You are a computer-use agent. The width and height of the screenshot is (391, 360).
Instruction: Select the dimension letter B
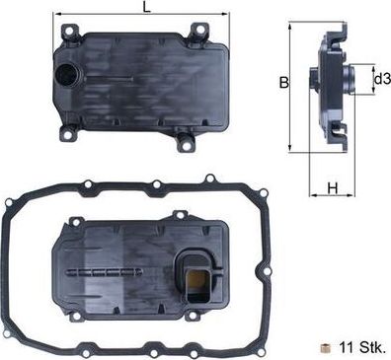(283, 84)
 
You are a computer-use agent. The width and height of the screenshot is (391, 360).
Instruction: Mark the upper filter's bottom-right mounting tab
(184, 144)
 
